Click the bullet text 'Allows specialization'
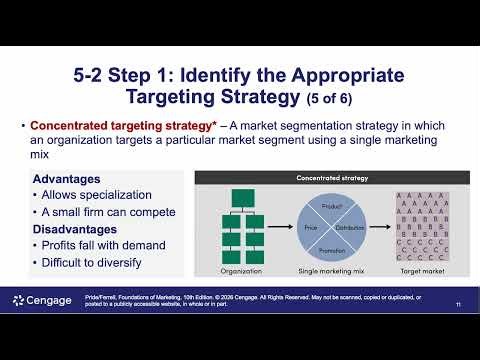(x=96, y=195)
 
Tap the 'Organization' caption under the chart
(x=242, y=271)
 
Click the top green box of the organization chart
(x=243, y=197)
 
